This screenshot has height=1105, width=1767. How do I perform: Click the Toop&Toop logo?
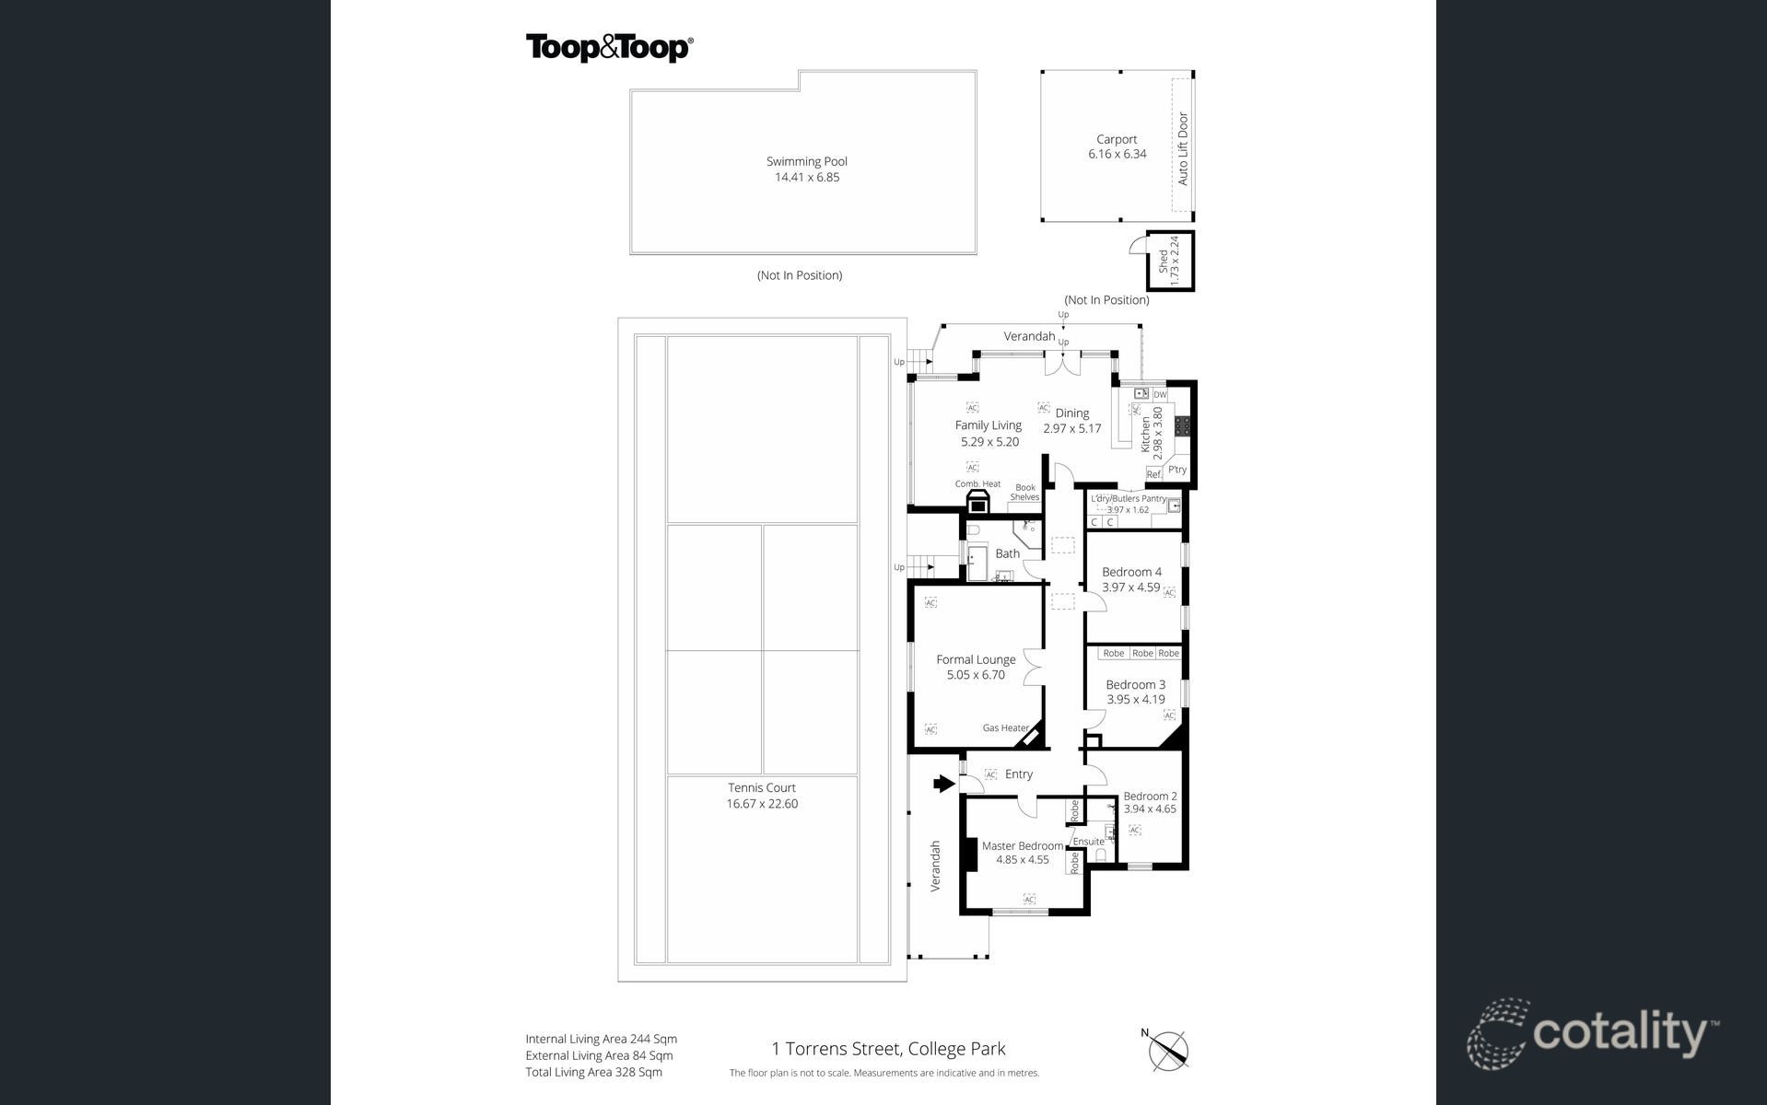pos(609,48)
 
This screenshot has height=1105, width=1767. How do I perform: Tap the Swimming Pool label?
pos(806,162)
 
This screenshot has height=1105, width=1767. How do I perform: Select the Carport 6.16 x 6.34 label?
pos(1117,146)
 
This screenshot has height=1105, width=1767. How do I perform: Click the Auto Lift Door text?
pos(1183,149)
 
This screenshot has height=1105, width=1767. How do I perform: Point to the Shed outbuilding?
pos(1170,262)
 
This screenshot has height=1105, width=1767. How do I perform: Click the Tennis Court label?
pos(761,788)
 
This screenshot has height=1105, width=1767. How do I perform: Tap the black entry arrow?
pos(943,784)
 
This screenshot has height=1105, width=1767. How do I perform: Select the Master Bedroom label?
pos(1022,846)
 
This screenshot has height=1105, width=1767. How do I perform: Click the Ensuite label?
pos(1088,842)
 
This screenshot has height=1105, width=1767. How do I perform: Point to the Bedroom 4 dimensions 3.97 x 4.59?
pos(1130,587)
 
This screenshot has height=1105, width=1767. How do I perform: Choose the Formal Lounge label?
pos(976,659)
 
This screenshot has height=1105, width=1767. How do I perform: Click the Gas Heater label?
pos(1005,728)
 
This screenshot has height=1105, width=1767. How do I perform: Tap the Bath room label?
pos(1007,554)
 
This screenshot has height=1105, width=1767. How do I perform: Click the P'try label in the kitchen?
pos(1177,470)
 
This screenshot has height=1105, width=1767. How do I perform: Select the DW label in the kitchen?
pos(1160,395)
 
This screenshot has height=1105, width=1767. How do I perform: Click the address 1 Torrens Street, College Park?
pos(888,1049)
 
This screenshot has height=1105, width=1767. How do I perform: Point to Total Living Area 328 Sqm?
pos(593,1072)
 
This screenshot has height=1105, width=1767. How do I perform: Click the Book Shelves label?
pos(1024,493)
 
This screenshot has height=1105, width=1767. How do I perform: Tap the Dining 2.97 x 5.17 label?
pos(1071,421)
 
